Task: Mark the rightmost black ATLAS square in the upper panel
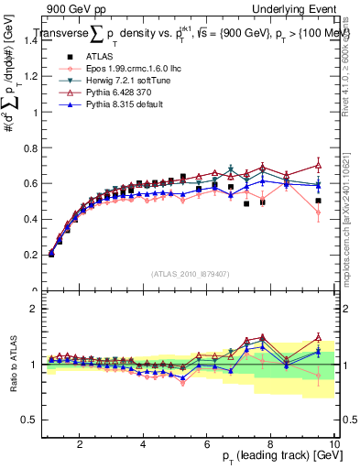318,201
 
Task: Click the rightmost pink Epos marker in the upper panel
318,213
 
